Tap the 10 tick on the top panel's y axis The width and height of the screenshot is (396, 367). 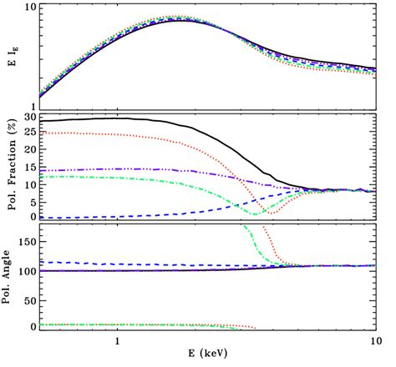click(28, 7)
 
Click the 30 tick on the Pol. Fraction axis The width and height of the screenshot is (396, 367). click(28, 118)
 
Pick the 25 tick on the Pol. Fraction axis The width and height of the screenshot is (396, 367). click(28, 134)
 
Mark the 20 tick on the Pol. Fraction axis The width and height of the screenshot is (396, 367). click(28, 151)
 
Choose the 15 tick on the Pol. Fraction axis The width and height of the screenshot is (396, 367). click(28, 168)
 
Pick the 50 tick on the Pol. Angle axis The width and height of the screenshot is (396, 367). click(28, 299)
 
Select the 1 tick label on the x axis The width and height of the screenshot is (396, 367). click(119, 341)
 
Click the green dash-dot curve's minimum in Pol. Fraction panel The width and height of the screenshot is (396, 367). click(258, 214)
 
